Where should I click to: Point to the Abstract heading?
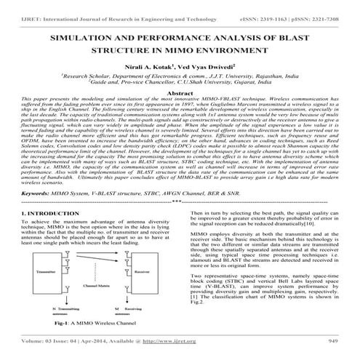click(x=180, y=94)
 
